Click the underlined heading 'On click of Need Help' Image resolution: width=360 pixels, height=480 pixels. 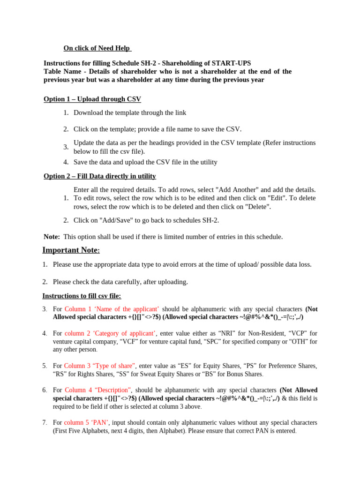coord(97,48)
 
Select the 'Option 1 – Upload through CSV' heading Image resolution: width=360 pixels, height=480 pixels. coord(92,99)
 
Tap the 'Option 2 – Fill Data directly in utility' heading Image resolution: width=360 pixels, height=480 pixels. coord(99,176)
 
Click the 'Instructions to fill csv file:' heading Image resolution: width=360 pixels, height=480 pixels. coord(82,296)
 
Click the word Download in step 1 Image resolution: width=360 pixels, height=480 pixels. coord(89,112)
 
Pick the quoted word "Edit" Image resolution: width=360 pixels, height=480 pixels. coord(276,198)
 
